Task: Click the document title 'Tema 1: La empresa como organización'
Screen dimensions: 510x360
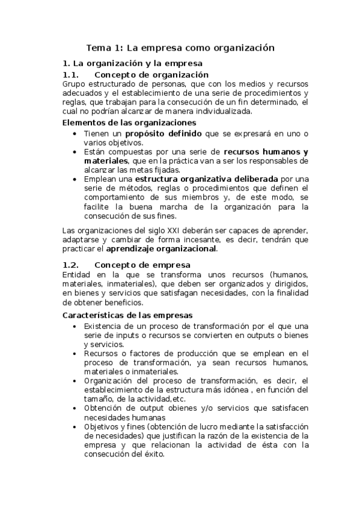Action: click(x=180, y=47)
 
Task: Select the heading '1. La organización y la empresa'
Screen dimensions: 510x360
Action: click(x=132, y=63)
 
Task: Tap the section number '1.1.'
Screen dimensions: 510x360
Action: click(x=71, y=75)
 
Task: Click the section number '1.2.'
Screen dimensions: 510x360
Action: click(x=71, y=265)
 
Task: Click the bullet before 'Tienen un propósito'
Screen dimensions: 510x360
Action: click(x=74, y=134)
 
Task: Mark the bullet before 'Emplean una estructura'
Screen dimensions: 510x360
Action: click(x=74, y=179)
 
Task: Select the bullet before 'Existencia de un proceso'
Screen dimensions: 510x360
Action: click(x=74, y=327)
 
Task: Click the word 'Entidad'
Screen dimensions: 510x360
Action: click(x=76, y=274)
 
